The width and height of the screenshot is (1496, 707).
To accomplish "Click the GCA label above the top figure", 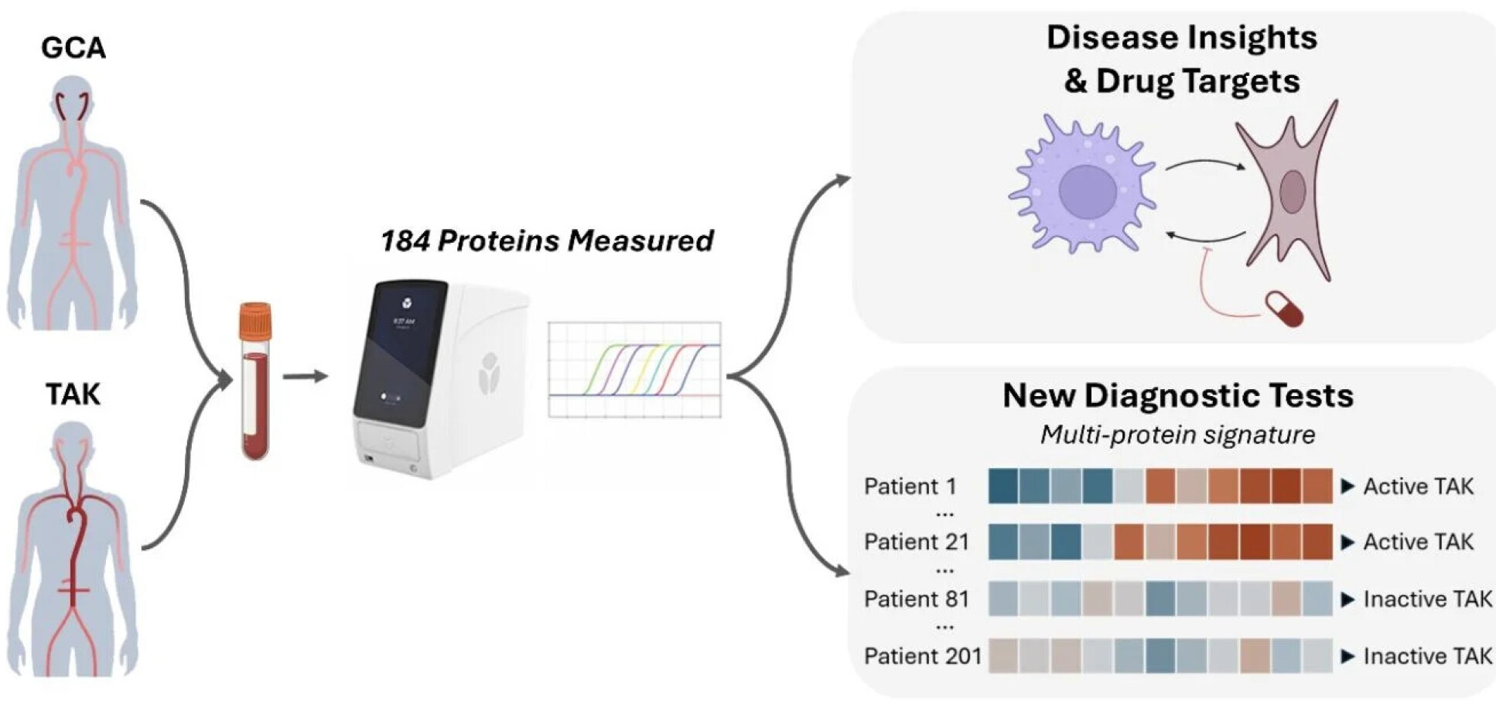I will pos(73,48).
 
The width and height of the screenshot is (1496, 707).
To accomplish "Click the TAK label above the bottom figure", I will pos(73,394).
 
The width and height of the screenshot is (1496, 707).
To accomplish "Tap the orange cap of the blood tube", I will pos(255,321).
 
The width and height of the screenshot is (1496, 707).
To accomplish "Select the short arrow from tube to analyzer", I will pos(305,377).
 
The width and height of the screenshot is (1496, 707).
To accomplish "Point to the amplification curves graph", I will pos(634,370).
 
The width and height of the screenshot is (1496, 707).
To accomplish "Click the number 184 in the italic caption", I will pos(405,241).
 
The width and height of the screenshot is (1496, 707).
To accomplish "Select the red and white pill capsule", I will pos(1284,309).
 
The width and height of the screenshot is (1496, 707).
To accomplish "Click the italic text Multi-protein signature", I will pos(1177,435).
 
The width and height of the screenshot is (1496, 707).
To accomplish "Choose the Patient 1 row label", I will pos(910,487).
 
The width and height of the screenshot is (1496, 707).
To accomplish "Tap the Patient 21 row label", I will pos(916,542).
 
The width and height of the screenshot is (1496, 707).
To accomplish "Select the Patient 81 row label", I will pos(916,599).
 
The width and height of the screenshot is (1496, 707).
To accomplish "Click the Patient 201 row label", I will pos(922,657).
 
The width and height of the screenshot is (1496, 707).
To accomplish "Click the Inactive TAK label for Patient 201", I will pos(1427,657).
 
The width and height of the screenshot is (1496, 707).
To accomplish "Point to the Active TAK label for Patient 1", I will pos(1418,487).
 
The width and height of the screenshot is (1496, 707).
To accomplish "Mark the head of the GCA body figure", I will pos(73,97).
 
